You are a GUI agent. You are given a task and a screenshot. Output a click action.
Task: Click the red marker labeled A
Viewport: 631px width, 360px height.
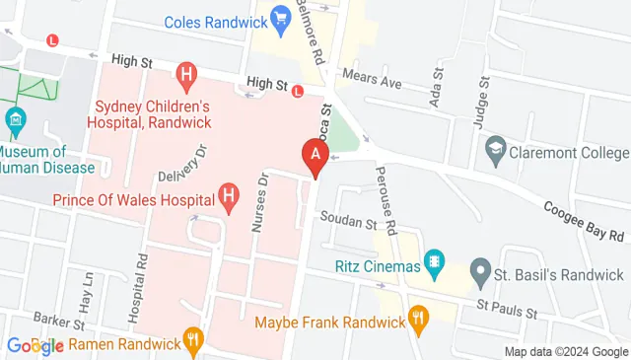315,155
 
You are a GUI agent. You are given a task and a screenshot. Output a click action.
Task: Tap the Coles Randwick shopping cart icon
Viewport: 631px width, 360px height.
280,18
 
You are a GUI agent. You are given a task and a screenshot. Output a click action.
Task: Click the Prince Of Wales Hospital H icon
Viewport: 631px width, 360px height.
230,197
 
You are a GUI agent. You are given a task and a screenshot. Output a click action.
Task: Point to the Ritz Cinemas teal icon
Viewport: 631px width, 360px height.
433,263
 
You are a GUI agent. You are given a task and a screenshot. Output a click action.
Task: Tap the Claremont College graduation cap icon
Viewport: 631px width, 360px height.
496,152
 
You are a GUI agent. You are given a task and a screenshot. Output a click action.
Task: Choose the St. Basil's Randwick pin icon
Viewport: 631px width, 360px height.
480,269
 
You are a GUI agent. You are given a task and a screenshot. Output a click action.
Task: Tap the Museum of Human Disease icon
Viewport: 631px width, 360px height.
15,123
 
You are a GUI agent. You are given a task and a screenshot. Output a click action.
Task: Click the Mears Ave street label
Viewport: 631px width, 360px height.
372,80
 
